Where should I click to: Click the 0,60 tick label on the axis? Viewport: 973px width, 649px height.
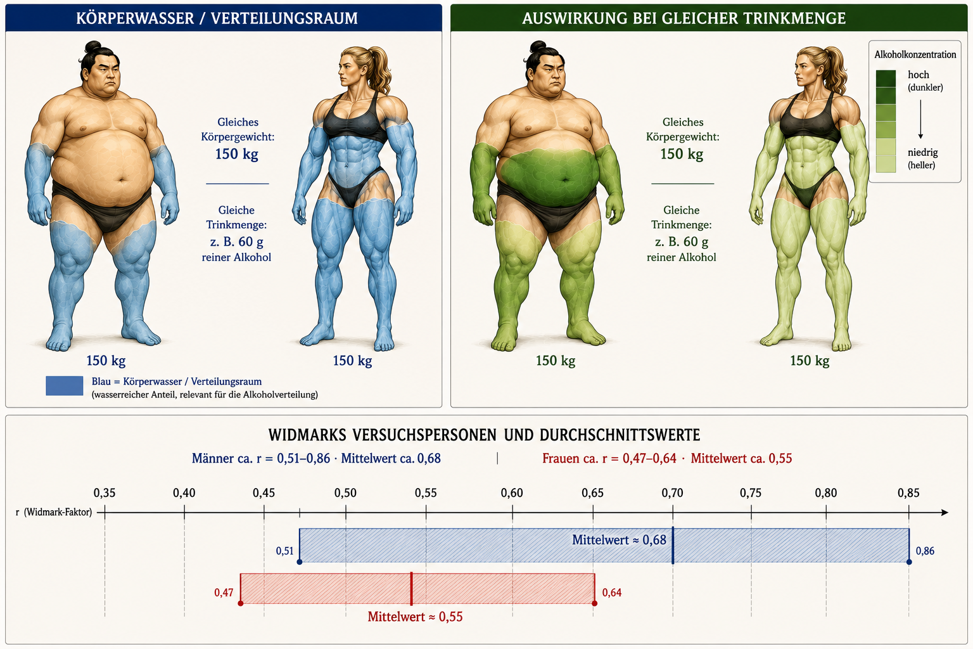(x=512, y=493)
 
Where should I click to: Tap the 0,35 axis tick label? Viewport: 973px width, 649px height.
(x=105, y=493)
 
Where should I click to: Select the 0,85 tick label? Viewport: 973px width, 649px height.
(x=908, y=493)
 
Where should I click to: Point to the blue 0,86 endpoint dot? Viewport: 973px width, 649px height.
(x=909, y=562)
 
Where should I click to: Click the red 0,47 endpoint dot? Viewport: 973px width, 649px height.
(x=241, y=603)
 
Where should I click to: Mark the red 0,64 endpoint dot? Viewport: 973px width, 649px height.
(x=595, y=603)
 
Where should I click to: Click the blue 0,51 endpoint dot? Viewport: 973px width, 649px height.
(x=299, y=562)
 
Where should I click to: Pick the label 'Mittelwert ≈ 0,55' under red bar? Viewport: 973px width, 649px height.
(x=416, y=617)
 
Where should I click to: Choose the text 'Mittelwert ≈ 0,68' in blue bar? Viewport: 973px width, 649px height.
(x=619, y=540)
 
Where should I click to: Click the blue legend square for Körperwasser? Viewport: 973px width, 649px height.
(x=64, y=385)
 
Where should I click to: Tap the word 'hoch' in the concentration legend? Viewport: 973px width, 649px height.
(x=919, y=75)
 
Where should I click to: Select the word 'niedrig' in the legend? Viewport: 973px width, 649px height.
(x=922, y=153)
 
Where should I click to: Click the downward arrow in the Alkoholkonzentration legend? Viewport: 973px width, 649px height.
(x=920, y=119)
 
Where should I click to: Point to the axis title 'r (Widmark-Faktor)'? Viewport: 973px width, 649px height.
(x=54, y=512)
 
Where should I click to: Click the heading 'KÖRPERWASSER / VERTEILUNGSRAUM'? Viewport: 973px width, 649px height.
(x=217, y=18)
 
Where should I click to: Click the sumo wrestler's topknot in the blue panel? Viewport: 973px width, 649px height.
(x=93, y=46)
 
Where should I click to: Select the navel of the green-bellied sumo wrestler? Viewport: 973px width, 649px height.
(x=566, y=179)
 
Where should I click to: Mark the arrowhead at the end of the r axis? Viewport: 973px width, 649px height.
(x=944, y=513)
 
